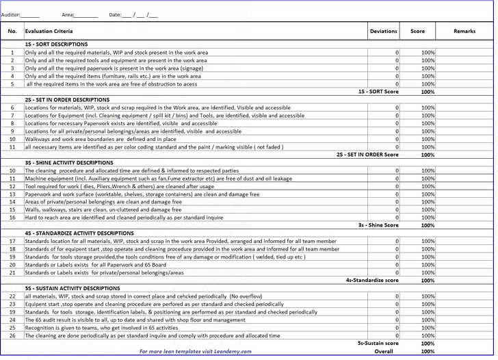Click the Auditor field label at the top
point(11,14)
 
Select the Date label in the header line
point(115,14)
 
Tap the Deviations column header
point(383,31)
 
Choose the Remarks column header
point(464,31)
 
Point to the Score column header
point(417,31)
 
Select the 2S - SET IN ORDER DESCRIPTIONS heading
point(66,99)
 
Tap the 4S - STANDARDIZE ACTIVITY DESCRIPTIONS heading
point(79,233)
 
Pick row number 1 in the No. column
point(12,52)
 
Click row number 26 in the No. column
point(12,335)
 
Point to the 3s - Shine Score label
point(378,225)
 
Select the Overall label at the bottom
point(384,351)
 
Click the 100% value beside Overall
point(428,351)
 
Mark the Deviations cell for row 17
point(384,241)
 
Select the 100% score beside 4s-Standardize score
point(428,280)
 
